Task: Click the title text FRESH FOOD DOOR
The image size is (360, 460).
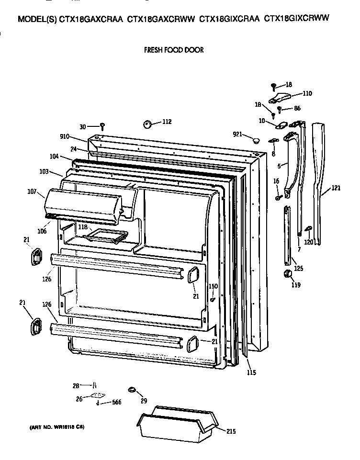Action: pyautogui.click(x=174, y=50)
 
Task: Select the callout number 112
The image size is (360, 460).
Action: pyautogui.click(x=166, y=122)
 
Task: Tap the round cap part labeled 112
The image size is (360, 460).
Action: pyautogui.click(x=146, y=124)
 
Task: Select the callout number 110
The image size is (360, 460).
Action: pyautogui.click(x=306, y=94)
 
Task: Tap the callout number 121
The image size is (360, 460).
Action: pyautogui.click(x=336, y=188)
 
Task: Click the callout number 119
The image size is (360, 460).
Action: pyautogui.click(x=296, y=285)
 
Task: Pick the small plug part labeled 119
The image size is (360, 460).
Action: pyautogui.click(x=288, y=273)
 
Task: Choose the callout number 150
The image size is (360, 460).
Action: pyautogui.click(x=213, y=286)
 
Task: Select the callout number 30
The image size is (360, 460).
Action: pyautogui.click(x=83, y=127)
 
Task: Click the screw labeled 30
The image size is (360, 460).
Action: pyautogui.click(x=102, y=126)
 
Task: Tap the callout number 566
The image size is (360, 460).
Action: pyautogui.click(x=116, y=402)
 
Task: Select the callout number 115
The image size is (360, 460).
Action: pyautogui.click(x=251, y=372)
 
